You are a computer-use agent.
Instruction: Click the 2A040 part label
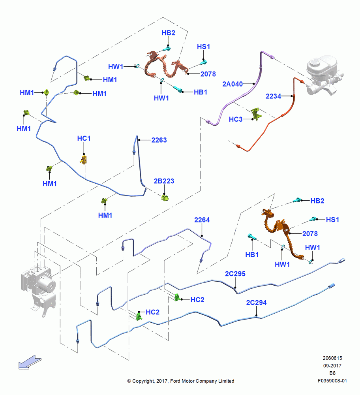232,84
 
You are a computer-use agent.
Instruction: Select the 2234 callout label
274,96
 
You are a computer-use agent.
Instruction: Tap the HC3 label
236,119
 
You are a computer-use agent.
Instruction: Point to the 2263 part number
159,140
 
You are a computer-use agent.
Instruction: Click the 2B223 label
164,181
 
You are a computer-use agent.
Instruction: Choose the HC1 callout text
84,138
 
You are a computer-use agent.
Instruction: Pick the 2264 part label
202,220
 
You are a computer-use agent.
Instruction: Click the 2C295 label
235,274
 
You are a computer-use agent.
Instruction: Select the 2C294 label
256,302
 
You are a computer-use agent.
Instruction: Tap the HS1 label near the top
203,47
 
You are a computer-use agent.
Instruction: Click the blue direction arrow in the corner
30,362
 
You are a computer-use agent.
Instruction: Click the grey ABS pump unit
38,289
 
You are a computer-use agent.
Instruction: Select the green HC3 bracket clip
257,114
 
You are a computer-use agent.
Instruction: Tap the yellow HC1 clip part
84,160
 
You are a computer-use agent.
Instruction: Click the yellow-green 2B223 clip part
165,198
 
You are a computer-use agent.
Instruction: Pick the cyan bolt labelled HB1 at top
178,89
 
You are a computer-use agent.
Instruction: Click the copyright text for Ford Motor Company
181,381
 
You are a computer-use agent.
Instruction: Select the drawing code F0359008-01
332,381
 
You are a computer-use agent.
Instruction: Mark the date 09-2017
332,365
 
